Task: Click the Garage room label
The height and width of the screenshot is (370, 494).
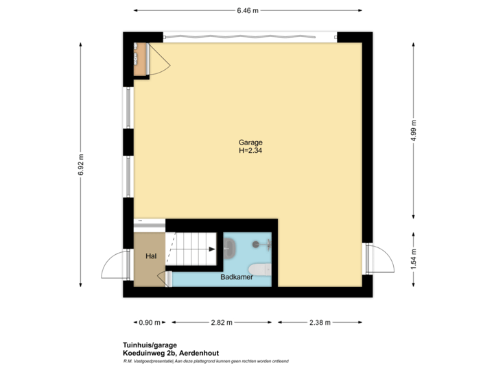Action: (x=250, y=143)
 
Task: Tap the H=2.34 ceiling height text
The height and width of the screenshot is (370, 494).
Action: (x=250, y=151)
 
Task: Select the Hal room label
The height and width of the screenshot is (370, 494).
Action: (x=151, y=256)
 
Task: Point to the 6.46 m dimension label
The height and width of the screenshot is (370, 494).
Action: (x=247, y=10)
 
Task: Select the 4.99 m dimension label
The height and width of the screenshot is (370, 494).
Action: (x=414, y=130)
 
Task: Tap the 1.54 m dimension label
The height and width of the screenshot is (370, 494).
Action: (x=414, y=259)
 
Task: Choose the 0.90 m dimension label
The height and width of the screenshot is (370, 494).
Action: (x=149, y=322)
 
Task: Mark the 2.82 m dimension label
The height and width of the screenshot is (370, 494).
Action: (x=221, y=322)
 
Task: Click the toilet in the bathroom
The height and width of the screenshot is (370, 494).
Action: (x=257, y=268)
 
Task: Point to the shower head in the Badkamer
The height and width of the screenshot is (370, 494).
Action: (x=257, y=244)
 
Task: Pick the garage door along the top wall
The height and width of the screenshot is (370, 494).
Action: (x=250, y=36)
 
